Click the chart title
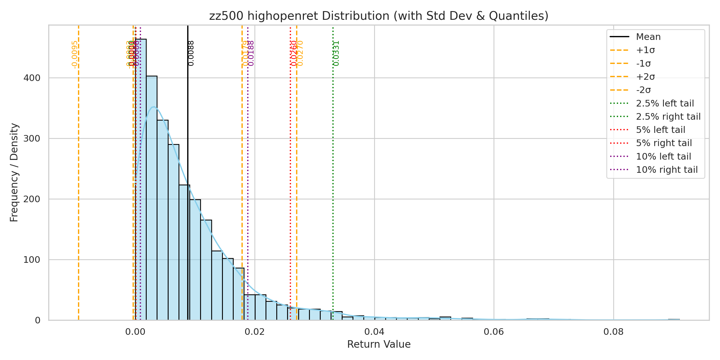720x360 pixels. (x=379, y=16)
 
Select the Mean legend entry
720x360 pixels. (x=648, y=37)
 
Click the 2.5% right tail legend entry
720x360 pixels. (x=668, y=117)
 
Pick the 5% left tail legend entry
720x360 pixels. (x=661, y=130)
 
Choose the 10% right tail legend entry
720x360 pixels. (x=667, y=170)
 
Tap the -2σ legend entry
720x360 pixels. (x=643, y=90)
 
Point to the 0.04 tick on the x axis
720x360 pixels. (x=374, y=332)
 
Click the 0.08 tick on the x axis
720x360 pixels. (x=613, y=332)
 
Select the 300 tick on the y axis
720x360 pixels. (x=32, y=139)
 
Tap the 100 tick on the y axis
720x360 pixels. (x=32, y=260)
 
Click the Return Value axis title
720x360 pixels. (x=379, y=344)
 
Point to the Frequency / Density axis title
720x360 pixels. (x=14, y=172)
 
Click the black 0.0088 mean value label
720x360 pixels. (x=191, y=53)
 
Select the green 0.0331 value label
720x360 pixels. (x=336, y=53)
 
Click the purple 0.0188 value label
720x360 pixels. (x=251, y=53)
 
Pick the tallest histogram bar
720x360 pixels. (x=141, y=180)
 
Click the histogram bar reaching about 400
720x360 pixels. (x=151, y=198)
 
